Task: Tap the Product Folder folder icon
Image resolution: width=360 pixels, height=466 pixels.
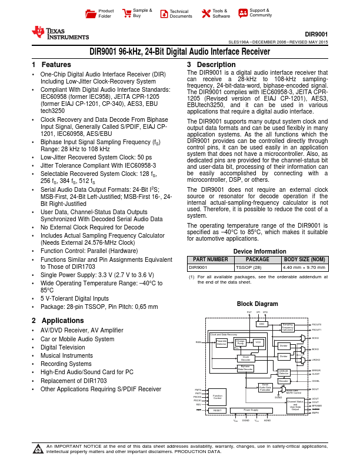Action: point(90,13)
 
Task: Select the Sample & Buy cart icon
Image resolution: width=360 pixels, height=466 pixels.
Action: point(126,13)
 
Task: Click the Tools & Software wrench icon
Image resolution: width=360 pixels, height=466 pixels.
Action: point(205,13)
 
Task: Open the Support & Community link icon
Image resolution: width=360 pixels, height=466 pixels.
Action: point(242,13)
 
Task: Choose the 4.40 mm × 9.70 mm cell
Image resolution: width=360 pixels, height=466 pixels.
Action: point(305,267)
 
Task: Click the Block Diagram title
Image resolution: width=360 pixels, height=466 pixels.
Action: point(256,304)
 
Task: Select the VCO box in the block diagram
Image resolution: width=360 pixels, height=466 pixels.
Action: point(258,342)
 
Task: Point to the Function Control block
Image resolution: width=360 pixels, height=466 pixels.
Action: point(218,397)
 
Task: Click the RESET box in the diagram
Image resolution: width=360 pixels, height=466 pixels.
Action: point(218,410)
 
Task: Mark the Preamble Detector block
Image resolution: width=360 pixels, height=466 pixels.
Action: point(222,342)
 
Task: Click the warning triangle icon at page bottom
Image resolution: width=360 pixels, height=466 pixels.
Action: point(38,451)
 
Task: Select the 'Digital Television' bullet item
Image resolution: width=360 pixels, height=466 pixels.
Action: point(63,348)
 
